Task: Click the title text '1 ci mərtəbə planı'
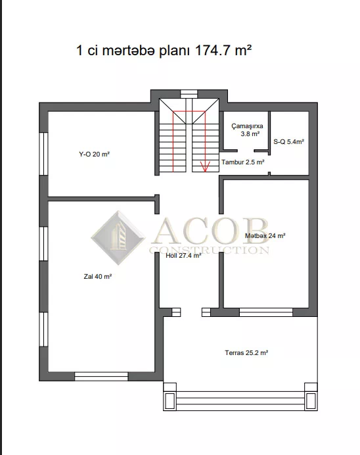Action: coord(133,51)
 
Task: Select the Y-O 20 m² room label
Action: coord(94,154)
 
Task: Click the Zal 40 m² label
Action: coord(98,277)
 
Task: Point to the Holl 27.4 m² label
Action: coord(183,256)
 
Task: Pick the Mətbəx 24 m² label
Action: coord(265,235)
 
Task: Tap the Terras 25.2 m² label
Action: coord(246,353)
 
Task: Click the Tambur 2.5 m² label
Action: coord(243,162)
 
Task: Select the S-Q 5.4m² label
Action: coord(288,141)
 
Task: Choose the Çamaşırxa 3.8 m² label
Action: coord(247,130)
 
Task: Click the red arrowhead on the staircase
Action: coord(205,167)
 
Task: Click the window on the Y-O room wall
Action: coord(43,154)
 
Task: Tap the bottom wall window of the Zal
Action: coord(101,376)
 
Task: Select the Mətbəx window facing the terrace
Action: coord(266,312)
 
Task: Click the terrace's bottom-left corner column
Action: coord(169,400)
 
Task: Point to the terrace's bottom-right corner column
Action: coord(311,400)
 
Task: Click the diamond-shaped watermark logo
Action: coord(118,238)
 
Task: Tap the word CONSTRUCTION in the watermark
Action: coord(210,250)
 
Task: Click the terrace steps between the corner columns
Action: coord(240,400)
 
